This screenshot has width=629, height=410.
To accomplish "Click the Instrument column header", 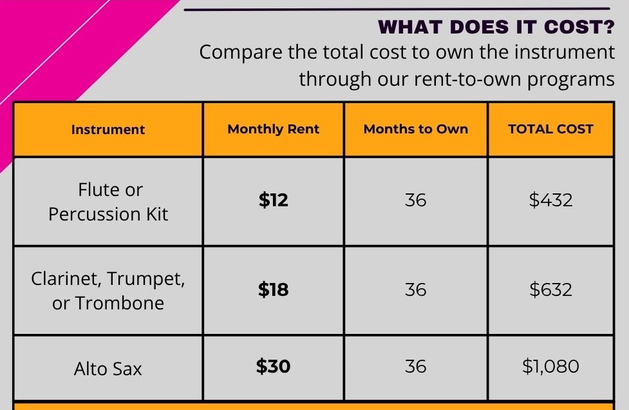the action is (108, 130).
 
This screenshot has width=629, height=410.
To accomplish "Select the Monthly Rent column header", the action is (273, 130).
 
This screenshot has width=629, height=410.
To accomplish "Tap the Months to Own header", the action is (416, 129).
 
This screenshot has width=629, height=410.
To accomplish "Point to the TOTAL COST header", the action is (550, 129).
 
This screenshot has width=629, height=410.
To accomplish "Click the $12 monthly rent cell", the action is (273, 200).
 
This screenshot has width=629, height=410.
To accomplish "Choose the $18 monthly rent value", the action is (273, 289).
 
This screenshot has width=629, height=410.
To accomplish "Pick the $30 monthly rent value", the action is (273, 366).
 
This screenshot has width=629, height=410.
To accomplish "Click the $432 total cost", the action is (550, 200).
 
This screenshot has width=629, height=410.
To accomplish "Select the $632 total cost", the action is (550, 289).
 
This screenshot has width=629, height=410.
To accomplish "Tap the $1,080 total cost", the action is (550, 366).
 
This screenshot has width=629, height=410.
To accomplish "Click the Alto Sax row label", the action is (108, 369).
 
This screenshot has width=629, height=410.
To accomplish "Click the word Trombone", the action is (120, 303).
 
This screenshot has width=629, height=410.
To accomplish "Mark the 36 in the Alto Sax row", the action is (416, 366).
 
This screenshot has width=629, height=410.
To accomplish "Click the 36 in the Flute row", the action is (416, 200).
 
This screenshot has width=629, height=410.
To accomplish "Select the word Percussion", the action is (94, 214).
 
